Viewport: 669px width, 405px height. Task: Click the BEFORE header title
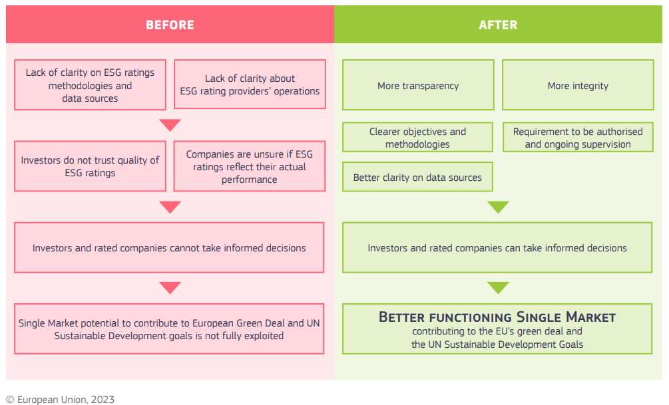point(170,25)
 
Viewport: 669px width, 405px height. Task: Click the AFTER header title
point(497,25)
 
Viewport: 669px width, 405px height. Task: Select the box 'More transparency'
point(418,85)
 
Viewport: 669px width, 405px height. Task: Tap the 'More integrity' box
point(578,85)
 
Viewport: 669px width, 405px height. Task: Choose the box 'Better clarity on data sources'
point(417,178)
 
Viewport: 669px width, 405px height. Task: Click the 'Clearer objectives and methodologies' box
point(417,138)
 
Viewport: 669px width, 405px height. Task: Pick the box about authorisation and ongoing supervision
point(578,138)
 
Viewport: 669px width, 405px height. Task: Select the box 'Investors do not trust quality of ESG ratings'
point(90,166)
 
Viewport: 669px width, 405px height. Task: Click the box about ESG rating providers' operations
point(250,85)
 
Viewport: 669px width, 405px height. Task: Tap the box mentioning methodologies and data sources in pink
point(90,85)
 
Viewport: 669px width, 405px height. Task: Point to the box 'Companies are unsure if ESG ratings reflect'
point(250,166)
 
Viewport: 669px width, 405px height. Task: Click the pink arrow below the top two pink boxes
point(170,125)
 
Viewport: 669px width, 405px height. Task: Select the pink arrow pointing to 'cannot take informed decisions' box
point(170,207)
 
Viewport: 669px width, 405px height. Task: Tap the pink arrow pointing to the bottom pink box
point(170,288)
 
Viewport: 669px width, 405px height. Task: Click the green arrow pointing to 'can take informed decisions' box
point(497,207)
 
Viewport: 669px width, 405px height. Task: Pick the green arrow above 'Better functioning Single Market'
point(497,288)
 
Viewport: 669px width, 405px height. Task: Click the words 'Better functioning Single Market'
point(497,317)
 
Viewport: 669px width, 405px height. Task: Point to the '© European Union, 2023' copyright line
point(60,399)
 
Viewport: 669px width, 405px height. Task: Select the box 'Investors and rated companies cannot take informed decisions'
point(169,248)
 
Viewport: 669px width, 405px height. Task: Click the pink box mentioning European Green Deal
point(169,329)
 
